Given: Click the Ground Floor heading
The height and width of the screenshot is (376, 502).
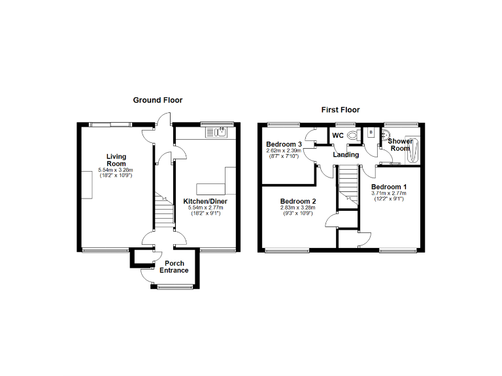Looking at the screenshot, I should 158,100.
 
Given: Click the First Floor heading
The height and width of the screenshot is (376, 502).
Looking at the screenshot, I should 340,110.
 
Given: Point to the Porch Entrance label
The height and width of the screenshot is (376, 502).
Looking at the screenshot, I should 174,267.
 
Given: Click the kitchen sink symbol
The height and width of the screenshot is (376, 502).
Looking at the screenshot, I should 216,133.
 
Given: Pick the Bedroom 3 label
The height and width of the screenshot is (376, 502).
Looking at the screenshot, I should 284,144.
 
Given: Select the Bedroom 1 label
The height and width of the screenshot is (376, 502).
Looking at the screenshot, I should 389,186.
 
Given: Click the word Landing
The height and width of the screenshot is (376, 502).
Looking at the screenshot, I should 346,155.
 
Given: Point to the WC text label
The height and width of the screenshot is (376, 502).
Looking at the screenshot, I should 338,136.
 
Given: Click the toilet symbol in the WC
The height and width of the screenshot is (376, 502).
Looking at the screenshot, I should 353,135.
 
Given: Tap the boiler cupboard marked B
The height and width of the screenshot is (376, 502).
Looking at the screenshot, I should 371,133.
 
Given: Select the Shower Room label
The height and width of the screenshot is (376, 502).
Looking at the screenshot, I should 400,144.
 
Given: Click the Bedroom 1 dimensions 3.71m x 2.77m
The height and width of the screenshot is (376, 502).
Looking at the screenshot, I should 389,193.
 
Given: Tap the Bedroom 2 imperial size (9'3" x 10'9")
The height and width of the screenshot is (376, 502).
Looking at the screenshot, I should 297,214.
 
